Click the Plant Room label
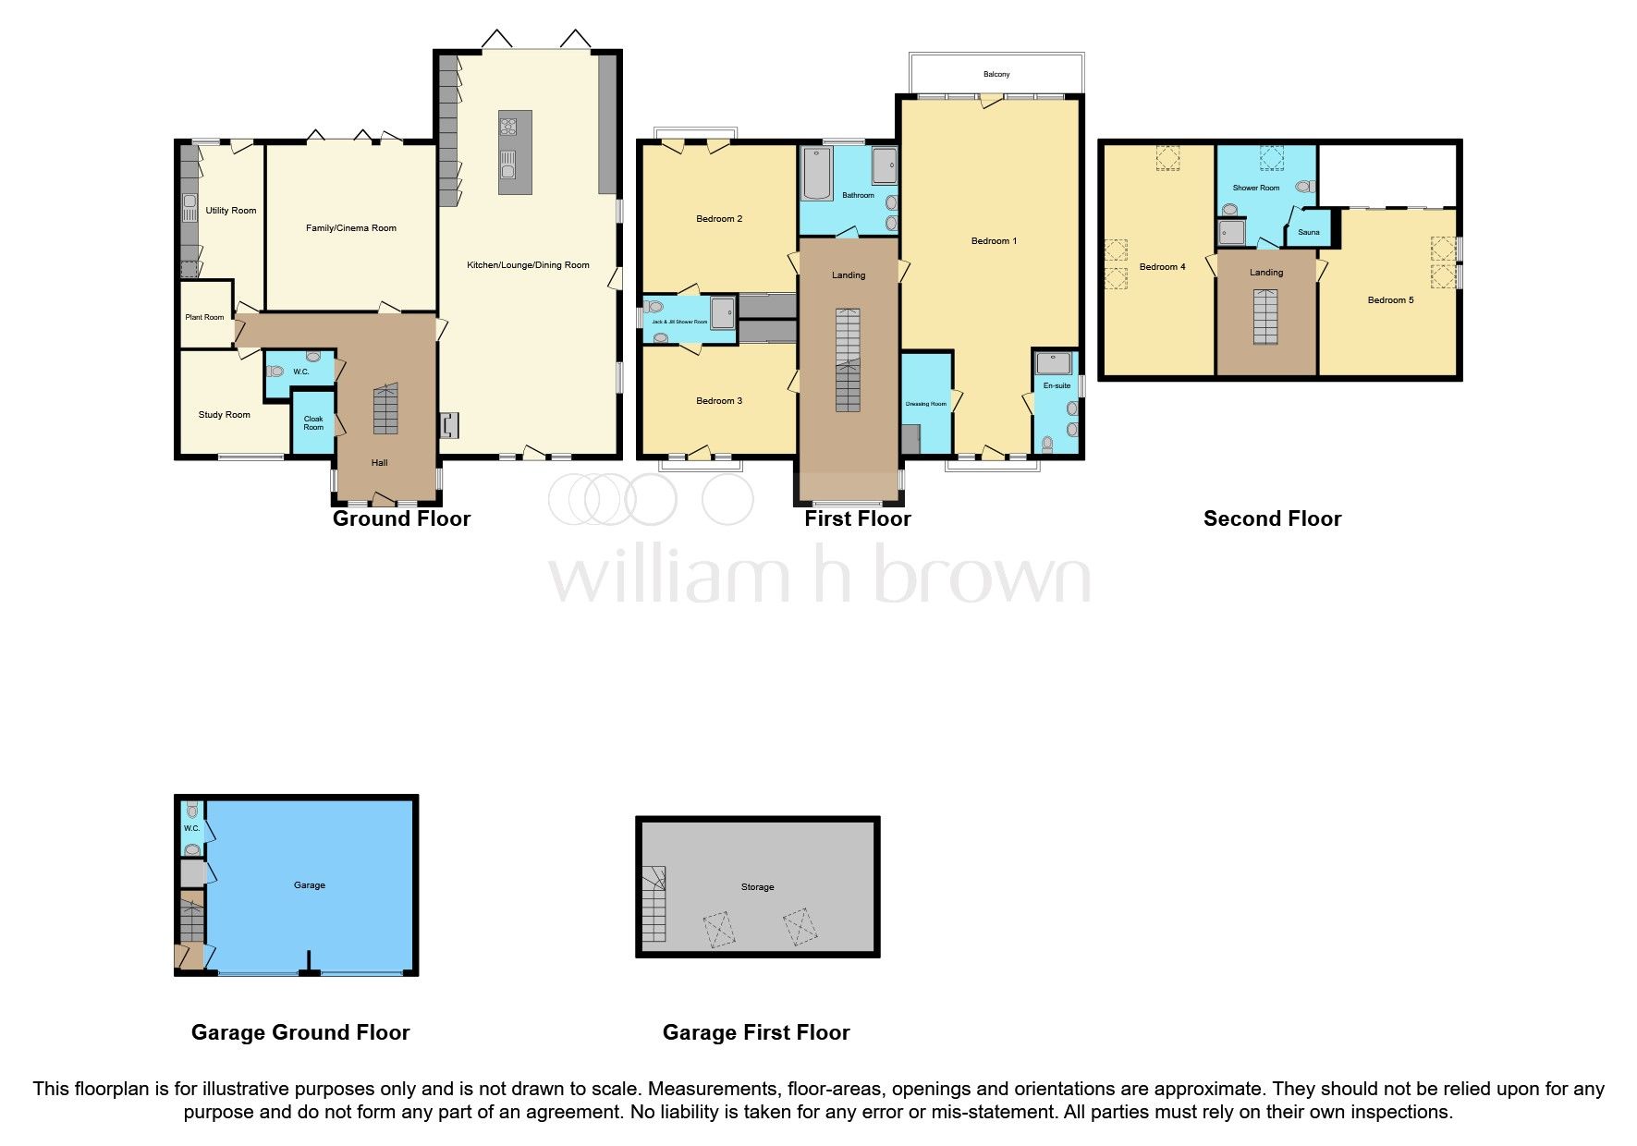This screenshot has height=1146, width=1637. [x=204, y=317]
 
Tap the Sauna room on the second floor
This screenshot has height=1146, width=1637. [x=1308, y=232]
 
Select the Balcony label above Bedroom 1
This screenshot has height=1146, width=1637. [x=996, y=74]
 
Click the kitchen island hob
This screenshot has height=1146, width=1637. [x=507, y=125]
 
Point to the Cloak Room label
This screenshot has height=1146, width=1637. [x=313, y=422]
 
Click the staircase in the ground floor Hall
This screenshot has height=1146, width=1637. [x=385, y=410]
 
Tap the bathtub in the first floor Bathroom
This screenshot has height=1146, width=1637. [x=817, y=173]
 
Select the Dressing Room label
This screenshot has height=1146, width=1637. [x=925, y=404]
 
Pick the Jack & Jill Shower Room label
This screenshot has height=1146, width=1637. [x=679, y=322]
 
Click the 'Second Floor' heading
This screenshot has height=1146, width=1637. [x=1272, y=518]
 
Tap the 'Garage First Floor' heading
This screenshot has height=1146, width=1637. [x=755, y=1032]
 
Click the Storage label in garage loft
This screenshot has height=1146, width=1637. [x=757, y=886]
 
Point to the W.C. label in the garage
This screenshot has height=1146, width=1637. [x=191, y=828]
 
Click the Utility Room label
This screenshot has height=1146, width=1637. [x=230, y=210]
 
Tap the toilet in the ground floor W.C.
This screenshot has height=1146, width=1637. [x=275, y=372]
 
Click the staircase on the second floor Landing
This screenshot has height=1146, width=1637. [x=1265, y=316]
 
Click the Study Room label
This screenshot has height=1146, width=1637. [x=224, y=414]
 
